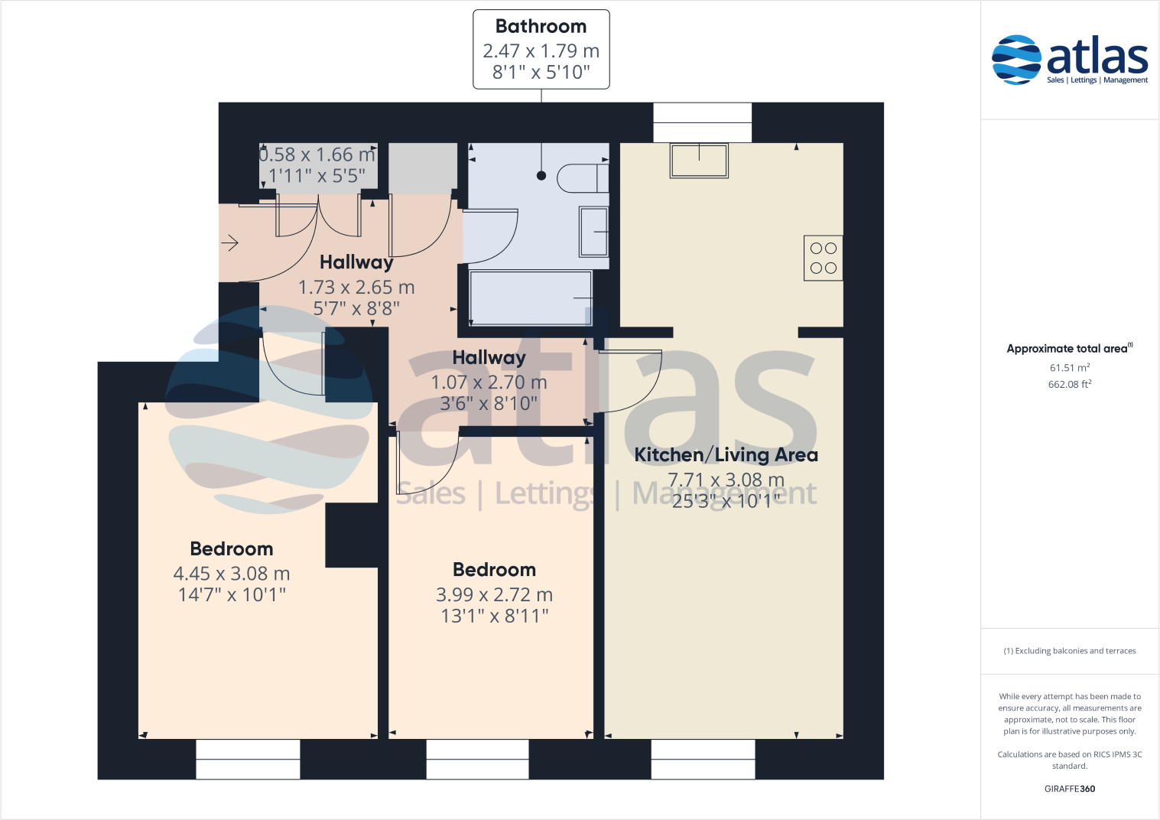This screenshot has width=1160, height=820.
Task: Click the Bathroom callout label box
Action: [x=541, y=49]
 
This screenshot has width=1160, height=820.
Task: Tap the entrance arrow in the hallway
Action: [x=230, y=243]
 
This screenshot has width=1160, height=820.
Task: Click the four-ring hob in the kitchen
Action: [x=823, y=258]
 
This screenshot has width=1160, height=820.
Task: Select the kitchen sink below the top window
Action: [x=699, y=161]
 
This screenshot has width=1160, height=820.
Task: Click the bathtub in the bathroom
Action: [x=531, y=298]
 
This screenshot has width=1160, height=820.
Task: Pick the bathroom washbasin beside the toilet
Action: [x=593, y=231]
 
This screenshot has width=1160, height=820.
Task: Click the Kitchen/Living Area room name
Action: [x=726, y=455]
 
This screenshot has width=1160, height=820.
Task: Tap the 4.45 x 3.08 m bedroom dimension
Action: [x=231, y=574]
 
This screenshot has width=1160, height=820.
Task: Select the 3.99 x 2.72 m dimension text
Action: [x=494, y=594]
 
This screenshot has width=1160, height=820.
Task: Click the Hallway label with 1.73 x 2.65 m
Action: [x=356, y=262]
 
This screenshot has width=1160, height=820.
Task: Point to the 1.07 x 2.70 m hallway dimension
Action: [x=489, y=382]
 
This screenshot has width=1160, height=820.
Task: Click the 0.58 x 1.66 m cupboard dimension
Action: [x=317, y=155]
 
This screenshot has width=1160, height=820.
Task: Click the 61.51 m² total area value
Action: [x=1069, y=368]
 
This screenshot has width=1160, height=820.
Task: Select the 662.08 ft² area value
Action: [x=1069, y=385]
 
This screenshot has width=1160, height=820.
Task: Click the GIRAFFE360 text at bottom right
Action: [x=1069, y=789]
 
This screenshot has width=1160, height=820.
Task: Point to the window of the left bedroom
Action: [x=248, y=759]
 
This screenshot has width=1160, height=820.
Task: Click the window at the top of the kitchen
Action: [x=702, y=122]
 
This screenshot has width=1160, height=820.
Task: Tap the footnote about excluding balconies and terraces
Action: [x=1069, y=651]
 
